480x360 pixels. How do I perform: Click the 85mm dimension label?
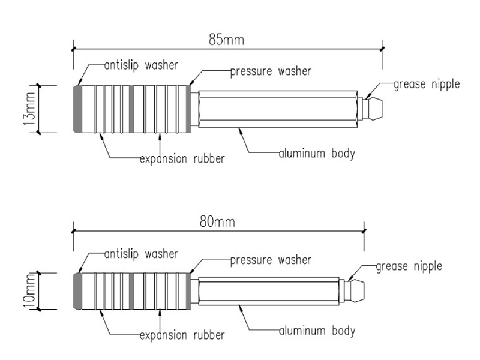coord(226,40)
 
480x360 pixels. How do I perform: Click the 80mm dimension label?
coord(217,221)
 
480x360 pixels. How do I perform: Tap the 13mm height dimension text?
coord(29,109)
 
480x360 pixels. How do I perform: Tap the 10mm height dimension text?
coord(29,291)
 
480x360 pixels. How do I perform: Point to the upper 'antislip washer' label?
coord(141,65)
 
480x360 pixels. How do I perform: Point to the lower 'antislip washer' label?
coord(141,254)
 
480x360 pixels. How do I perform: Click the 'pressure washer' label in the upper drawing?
coord(271,71)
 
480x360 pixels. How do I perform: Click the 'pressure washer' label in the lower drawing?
coord(271,260)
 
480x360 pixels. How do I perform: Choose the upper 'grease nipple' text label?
coord(427,85)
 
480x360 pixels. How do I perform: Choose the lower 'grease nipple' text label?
coord(409,266)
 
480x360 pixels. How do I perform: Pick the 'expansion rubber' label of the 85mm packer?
coord(182,159)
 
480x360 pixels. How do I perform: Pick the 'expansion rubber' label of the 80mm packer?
coord(182,335)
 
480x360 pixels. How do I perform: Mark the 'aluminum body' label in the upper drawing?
coord(317,154)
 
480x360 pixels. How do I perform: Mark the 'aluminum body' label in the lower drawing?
coord(317,331)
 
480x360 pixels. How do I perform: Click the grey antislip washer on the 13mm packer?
coord(78,109)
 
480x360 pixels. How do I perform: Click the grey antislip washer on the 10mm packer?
coord(78,291)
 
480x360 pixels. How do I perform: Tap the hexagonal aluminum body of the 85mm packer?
coord(278,109)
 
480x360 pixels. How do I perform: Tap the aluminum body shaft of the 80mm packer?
coord(269,291)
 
